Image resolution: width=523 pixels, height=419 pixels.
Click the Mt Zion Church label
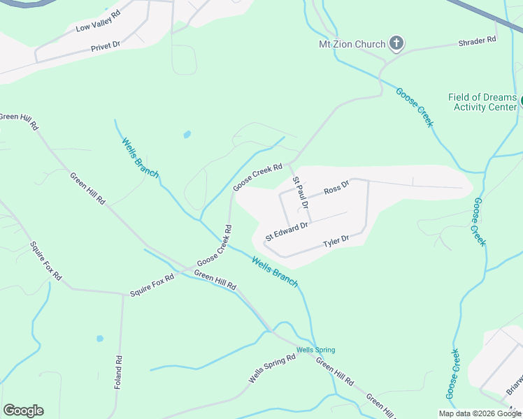coord(352,44)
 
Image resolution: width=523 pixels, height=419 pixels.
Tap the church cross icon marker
coord(396,44)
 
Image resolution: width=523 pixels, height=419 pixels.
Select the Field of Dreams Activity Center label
coord(482,102)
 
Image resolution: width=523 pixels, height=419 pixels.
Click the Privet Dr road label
coord(106,47)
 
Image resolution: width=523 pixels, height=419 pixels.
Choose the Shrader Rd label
coord(477,41)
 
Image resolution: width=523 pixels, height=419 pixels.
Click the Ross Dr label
coord(336,189)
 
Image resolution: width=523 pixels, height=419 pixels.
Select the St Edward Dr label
coord(286,230)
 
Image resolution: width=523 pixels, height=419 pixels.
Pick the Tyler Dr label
coord(336,242)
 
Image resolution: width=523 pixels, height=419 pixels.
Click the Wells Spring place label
coord(315,350)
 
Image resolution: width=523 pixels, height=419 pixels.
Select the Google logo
coord(23,411)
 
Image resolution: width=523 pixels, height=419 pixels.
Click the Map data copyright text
coord(480,413)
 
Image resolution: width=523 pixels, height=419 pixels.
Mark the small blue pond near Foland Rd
coord(100,339)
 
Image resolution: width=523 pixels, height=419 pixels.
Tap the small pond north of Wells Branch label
coord(187,134)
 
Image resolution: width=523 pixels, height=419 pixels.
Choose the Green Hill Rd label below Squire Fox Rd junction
coord(215,280)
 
